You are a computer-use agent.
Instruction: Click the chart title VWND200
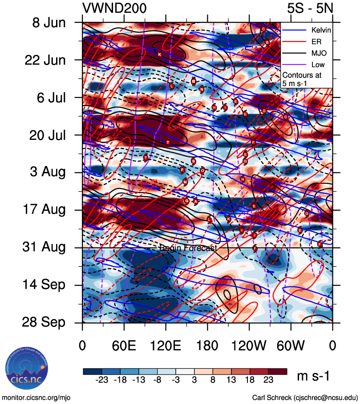coord(114,8)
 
